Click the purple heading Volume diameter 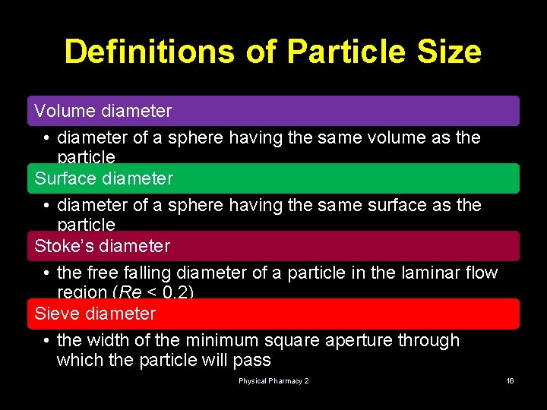click(103, 111)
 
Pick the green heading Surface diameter click(104, 178)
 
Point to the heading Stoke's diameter click(103, 246)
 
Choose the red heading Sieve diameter click(95, 314)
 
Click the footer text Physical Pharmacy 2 click(273, 380)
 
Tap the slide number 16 click(511, 380)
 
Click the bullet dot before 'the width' click(47, 341)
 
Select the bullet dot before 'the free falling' click(47, 273)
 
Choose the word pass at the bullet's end click(253, 360)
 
